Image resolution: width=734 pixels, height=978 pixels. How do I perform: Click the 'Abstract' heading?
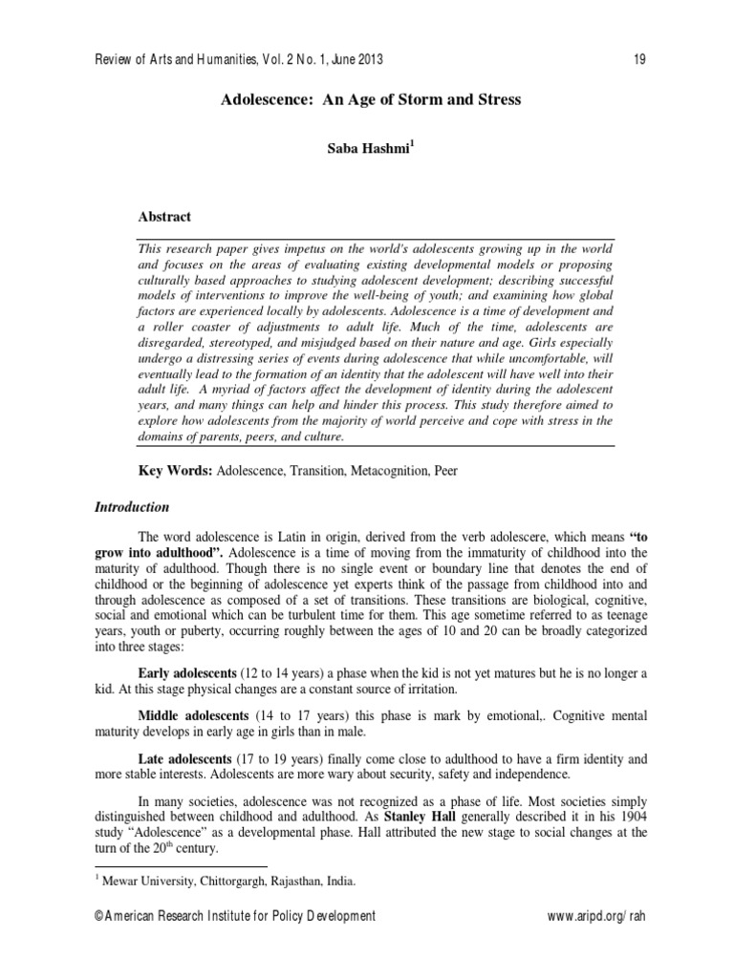164,217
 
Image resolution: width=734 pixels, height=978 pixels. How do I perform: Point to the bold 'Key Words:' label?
177,472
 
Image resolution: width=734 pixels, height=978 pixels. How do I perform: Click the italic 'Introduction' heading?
132,506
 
